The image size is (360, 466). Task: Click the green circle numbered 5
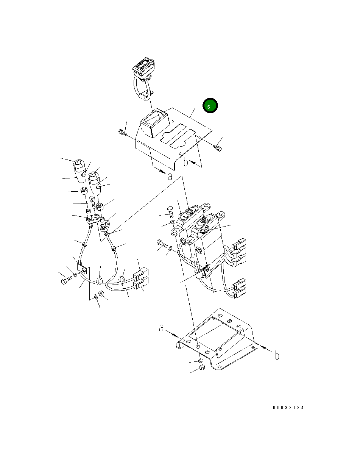(x=210, y=105)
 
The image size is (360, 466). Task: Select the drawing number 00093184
(x=288, y=408)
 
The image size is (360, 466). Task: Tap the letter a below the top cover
(x=170, y=177)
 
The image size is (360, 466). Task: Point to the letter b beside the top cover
(x=186, y=162)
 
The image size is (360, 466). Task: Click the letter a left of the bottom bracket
(x=161, y=328)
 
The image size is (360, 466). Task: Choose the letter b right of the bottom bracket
(x=277, y=355)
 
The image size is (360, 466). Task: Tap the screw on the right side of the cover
(x=218, y=148)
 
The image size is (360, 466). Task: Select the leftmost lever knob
(x=79, y=171)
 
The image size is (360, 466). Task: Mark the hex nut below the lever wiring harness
(x=101, y=293)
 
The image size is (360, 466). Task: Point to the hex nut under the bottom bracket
(x=202, y=367)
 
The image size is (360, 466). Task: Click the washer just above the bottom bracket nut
(x=201, y=361)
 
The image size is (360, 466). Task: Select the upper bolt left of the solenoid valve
(x=170, y=212)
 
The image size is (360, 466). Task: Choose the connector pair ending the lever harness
(x=141, y=278)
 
